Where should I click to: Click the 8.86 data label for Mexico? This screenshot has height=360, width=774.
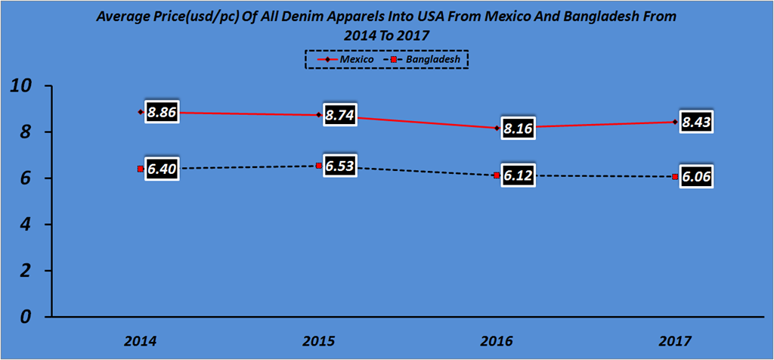click(x=162, y=113)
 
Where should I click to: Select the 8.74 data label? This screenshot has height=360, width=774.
click(x=340, y=116)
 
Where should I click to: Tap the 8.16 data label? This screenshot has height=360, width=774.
click(x=518, y=129)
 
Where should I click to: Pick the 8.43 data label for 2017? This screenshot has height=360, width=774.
click(x=695, y=123)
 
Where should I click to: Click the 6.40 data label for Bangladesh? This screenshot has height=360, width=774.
click(x=162, y=170)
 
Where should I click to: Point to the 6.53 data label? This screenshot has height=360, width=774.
click(x=340, y=167)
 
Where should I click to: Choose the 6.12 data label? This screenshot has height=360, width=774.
click(x=518, y=176)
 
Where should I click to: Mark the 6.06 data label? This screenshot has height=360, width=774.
click(x=695, y=178)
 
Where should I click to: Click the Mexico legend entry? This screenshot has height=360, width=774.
click(x=345, y=59)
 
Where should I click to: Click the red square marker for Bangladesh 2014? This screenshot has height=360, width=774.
click(x=141, y=169)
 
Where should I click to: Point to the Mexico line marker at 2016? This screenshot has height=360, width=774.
click(x=497, y=128)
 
